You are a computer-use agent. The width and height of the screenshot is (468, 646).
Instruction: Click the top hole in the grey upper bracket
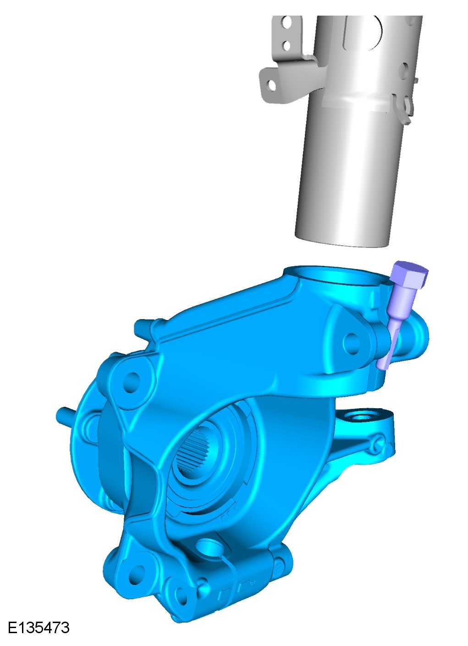(x=287, y=22)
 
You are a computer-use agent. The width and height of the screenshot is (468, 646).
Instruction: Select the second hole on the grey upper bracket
(x=286, y=45)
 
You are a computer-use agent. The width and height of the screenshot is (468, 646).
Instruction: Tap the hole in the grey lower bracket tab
(x=270, y=85)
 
